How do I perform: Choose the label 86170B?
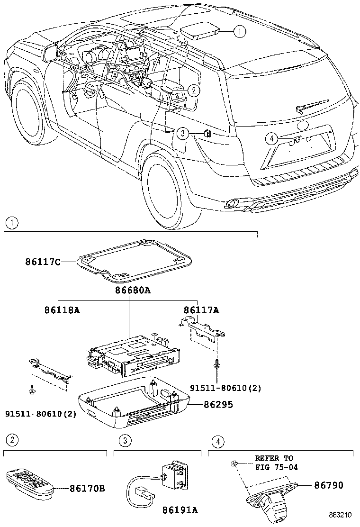coord(87,488)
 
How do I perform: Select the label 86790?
coord(328,485)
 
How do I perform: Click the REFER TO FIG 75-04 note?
coord(274,463)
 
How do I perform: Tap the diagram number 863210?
coord(342,514)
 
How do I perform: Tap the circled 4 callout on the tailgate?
coord(271,138)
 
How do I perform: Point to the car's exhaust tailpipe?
coord(232,204)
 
